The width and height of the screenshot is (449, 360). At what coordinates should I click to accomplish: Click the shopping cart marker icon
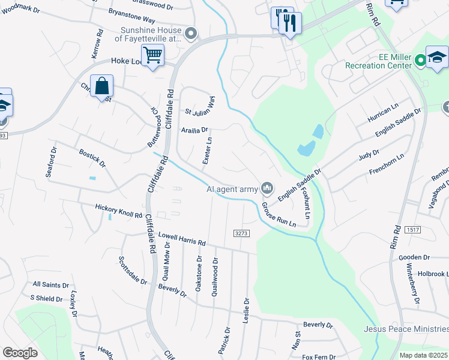[153, 56]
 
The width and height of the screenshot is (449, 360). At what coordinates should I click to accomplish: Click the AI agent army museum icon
[267, 190]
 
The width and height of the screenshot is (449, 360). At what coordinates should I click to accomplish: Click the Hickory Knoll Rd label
[119, 211]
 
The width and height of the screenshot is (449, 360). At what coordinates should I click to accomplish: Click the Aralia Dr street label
[194, 129]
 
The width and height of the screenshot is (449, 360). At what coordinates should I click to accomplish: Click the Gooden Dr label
[414, 257]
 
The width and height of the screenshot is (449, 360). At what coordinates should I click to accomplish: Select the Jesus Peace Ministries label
[406, 329]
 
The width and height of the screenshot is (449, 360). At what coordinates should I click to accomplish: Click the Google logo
[20, 353]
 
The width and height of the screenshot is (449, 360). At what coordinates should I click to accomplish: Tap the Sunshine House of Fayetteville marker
[191, 34]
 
